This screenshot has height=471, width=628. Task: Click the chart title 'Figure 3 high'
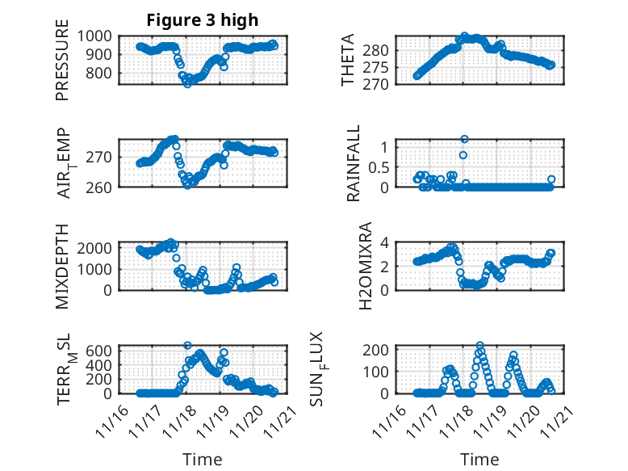202,20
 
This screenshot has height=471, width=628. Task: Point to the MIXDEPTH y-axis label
63,267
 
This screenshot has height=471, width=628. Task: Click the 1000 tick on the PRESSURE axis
99,36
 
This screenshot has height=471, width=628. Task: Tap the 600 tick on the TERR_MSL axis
103,350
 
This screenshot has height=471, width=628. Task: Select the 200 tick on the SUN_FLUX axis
381,349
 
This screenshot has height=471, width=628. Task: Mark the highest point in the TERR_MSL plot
187,346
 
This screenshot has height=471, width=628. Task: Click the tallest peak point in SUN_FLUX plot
480,346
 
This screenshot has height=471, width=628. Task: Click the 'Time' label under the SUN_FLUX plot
479,460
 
